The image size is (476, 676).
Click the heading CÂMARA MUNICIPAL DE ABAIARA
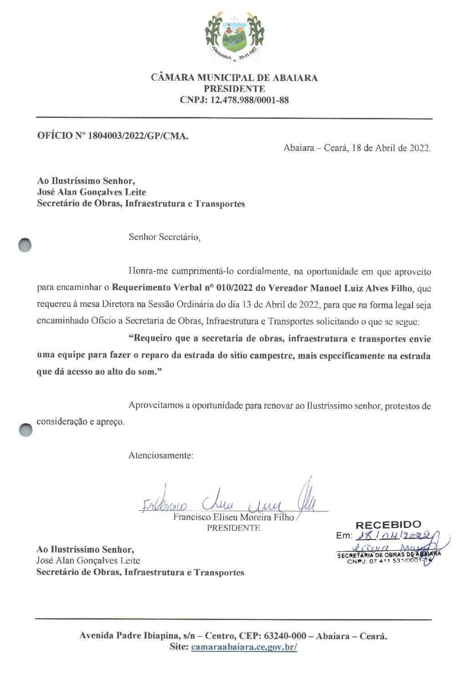click(234, 77)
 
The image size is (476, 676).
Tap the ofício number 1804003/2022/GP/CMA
click(138, 136)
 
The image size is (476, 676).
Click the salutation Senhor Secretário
click(164, 237)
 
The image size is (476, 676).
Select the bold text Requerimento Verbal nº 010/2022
click(182, 288)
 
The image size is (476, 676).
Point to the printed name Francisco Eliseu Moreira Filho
click(233, 517)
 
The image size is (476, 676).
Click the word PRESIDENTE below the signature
click(233, 528)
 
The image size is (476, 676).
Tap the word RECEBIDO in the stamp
click(388, 525)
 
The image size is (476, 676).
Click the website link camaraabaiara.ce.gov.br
click(244, 647)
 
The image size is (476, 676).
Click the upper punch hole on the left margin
click(25, 245)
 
